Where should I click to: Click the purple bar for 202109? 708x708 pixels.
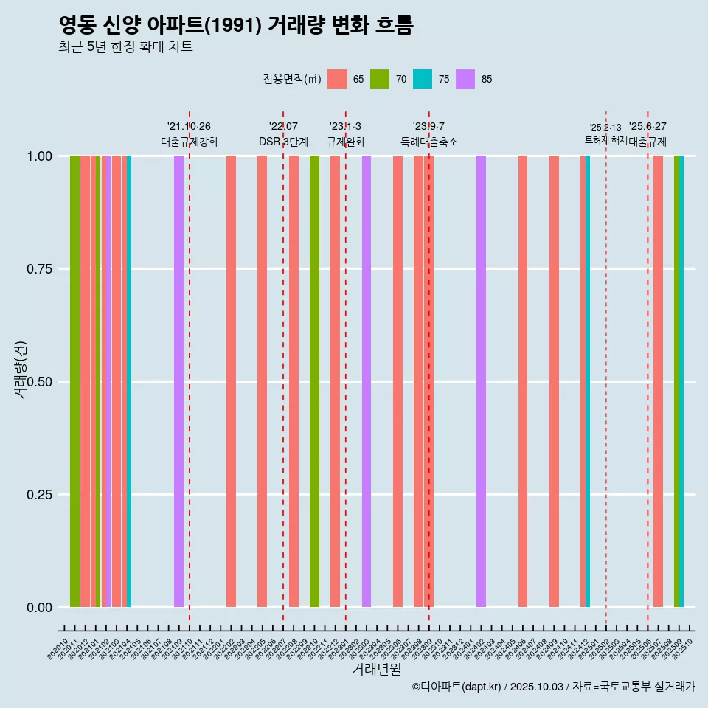[178, 381]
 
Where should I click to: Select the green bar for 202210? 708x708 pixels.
[314, 381]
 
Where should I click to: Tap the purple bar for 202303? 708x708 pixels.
[367, 381]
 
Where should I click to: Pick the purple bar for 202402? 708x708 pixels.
[481, 381]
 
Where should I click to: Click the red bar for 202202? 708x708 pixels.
[231, 381]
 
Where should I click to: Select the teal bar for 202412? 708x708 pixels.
[588, 381]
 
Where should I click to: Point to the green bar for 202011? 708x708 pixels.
[74, 381]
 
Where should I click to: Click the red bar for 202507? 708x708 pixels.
[658, 381]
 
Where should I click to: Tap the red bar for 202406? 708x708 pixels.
[523, 381]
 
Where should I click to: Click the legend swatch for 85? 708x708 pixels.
[465, 79]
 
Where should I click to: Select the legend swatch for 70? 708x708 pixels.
[380, 79]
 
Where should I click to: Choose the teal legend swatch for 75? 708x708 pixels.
[423, 79]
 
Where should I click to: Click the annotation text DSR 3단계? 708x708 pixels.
[283, 142]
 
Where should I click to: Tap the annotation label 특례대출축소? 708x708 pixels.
[429, 142]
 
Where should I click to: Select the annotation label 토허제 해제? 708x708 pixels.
[605, 139]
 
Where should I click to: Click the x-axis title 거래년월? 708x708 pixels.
[376, 669]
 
